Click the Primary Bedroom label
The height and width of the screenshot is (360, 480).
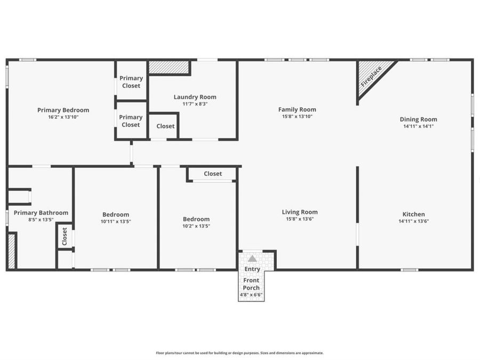[63, 110]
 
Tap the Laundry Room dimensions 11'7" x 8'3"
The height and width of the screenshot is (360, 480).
[195, 104]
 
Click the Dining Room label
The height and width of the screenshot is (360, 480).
[418, 119]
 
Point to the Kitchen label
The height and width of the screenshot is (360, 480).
[413, 214]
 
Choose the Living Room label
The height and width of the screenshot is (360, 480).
[300, 212]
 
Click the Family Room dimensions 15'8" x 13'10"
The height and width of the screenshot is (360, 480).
[297, 116]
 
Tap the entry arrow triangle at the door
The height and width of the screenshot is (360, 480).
[252, 258]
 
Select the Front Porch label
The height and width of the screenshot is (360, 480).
[251, 284]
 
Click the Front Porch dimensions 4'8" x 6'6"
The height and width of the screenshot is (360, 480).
[251, 294]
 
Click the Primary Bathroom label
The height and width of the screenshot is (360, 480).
[41, 213]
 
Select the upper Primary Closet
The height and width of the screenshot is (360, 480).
[131, 82]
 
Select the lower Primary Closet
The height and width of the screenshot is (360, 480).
[131, 121]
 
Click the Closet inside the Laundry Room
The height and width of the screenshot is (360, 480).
[165, 126]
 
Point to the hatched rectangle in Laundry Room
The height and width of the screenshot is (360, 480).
[169, 67]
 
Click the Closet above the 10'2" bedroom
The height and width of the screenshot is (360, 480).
[213, 174]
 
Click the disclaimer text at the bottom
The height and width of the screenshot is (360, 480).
[239, 353]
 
